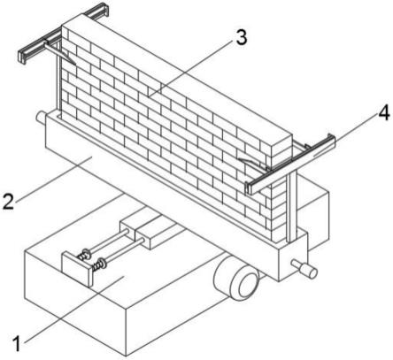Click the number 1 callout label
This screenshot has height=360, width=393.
tap(18, 343)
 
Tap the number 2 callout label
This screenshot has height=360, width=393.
tap(8, 201)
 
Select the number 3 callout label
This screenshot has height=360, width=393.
tap(241, 38)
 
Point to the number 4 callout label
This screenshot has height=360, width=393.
tap(383, 113)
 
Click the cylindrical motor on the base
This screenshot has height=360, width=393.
tap(237, 278)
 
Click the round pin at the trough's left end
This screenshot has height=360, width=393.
tap(41, 117)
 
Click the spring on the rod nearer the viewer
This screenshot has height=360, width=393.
tap(98, 264)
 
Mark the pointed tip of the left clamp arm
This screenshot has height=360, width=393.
tap(75, 65)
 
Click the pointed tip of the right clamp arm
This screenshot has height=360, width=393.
tap(239, 159)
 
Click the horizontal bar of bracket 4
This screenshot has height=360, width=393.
tap(291, 165)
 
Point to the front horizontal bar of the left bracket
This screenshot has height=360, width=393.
tap(41, 46)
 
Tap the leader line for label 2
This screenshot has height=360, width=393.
tap(53, 180)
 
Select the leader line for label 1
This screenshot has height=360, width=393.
tap(74, 310)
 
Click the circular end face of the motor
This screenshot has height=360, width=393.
tap(246, 284)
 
